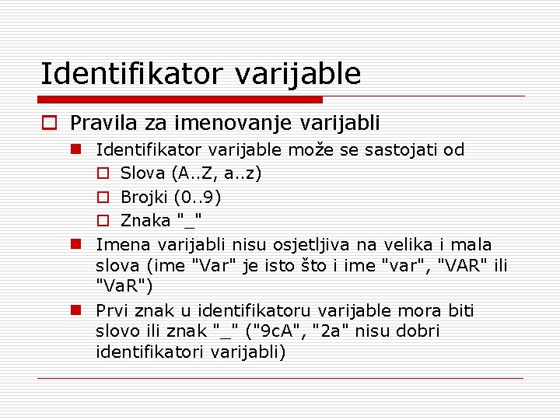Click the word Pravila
99,123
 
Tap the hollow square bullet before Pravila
49,123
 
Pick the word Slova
142,173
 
